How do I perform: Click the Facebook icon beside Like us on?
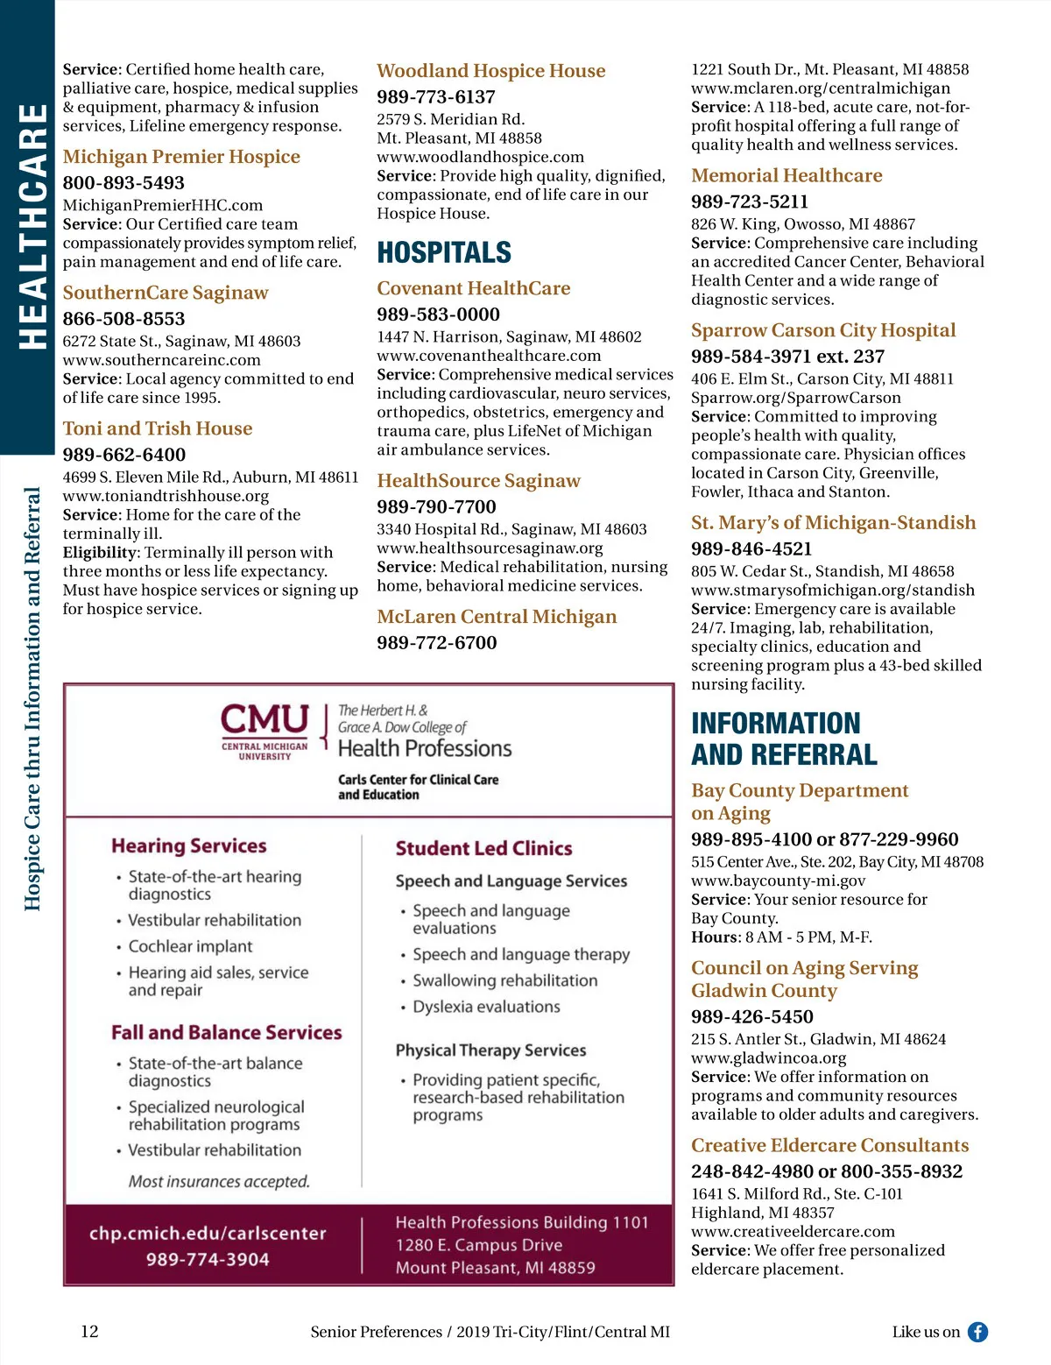tap(977, 1332)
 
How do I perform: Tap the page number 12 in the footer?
tap(89, 1332)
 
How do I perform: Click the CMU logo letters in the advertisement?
tap(265, 720)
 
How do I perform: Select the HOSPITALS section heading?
tap(444, 252)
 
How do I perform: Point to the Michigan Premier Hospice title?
tap(181, 157)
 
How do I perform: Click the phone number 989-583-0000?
tap(438, 314)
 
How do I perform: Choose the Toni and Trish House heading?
tap(158, 428)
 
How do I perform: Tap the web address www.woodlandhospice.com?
tap(480, 157)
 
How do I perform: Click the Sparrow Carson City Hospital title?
tap(823, 330)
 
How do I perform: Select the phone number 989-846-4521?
tap(751, 548)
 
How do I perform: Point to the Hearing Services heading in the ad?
tap(189, 845)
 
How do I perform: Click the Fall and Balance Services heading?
tap(226, 1032)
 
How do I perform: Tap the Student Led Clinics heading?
tap(483, 848)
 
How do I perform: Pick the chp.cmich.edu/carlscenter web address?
tap(208, 1234)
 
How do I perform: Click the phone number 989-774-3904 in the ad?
tap(208, 1259)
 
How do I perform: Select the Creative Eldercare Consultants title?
tap(829, 1145)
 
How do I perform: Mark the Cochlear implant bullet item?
tap(190, 946)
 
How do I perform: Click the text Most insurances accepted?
tap(219, 1181)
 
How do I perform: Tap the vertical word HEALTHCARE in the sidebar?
tap(32, 226)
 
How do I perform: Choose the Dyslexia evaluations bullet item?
tap(486, 1007)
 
